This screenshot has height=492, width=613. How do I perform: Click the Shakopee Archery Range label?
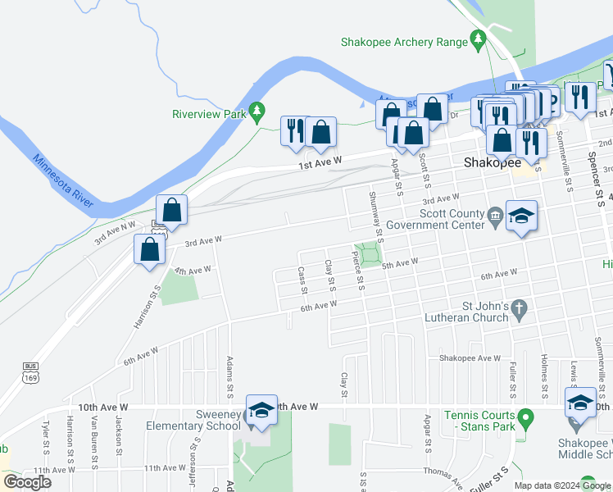click(404, 42)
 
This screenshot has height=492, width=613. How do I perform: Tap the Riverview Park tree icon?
click(257, 109)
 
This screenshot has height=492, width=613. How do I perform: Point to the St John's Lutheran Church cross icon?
click(518, 308)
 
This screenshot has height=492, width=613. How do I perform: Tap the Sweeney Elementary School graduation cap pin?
click(261, 410)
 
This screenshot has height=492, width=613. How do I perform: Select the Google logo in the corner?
click(26, 481)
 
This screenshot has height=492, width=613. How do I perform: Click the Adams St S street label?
click(230, 378)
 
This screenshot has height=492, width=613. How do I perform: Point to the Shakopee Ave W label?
click(470, 358)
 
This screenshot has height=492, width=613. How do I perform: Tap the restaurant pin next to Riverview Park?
click(294, 132)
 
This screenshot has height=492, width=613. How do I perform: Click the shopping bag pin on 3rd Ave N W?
click(172, 212)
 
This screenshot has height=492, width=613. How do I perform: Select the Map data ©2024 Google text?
click(562, 485)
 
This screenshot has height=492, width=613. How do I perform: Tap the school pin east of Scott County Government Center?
click(521, 217)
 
